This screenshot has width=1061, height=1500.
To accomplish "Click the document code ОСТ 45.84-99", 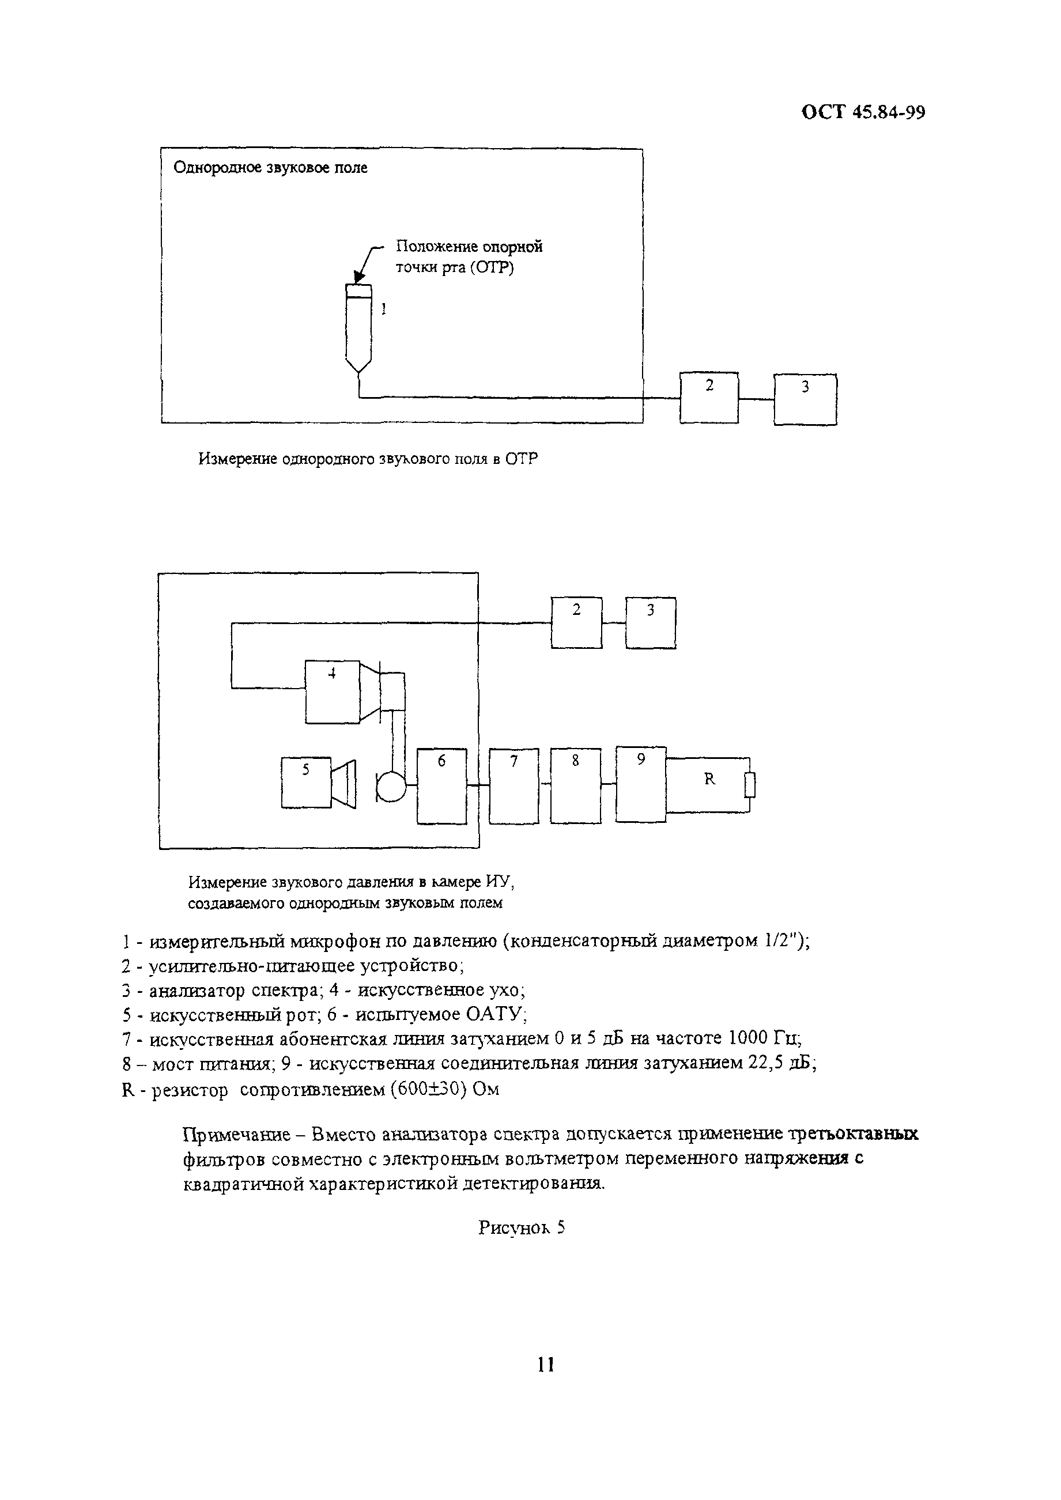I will (862, 112).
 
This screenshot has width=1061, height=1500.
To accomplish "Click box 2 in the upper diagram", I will (709, 397).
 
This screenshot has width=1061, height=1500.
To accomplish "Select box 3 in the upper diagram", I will (805, 399).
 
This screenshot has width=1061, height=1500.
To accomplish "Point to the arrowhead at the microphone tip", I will (357, 278).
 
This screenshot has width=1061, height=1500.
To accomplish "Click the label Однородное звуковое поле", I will (270, 168).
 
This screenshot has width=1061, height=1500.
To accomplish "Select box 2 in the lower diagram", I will (576, 622).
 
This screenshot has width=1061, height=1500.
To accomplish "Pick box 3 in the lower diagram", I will (651, 622).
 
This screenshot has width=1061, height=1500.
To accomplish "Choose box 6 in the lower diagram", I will (441, 786).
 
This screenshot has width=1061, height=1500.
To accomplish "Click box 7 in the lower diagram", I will (514, 786).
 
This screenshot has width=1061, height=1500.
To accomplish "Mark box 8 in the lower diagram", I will (576, 786).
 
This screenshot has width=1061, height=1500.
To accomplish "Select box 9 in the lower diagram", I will (641, 784).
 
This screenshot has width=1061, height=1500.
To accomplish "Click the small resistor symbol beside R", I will (750, 785).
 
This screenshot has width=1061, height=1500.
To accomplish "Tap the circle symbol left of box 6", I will (391, 787).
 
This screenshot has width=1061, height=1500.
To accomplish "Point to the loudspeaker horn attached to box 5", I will (343, 783).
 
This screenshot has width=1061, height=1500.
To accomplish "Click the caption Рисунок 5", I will (522, 1227).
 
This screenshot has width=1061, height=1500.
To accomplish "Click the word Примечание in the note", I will (236, 1134).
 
